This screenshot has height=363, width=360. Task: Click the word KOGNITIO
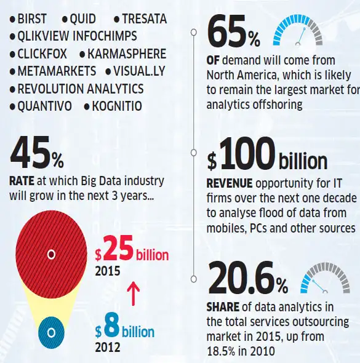click(117, 106)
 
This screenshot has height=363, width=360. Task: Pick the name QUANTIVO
click(45, 106)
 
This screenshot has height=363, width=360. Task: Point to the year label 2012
click(108, 347)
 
